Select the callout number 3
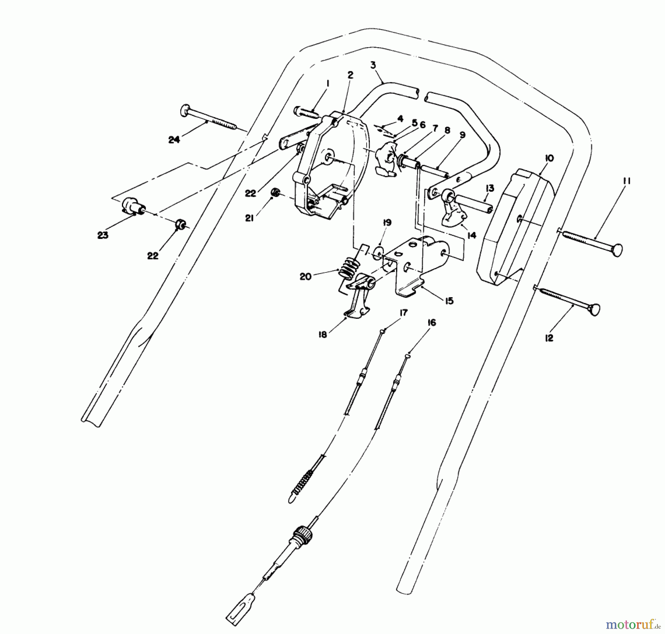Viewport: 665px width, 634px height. point(373,65)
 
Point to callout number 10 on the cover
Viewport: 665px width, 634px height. point(549,158)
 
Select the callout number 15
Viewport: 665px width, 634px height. point(449,301)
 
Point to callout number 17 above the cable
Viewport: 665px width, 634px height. point(403,313)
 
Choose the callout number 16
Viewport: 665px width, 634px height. point(432,322)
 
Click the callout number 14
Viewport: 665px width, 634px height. point(471,235)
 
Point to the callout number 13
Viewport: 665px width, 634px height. point(490,188)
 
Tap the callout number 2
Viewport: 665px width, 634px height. point(350,75)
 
